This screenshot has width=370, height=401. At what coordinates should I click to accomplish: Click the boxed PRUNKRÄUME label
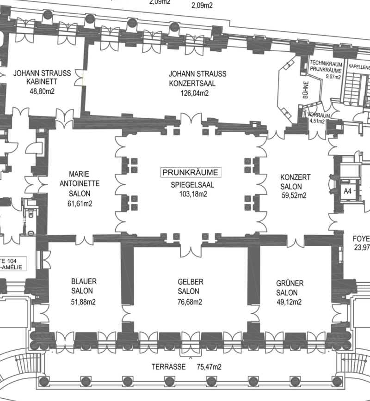[191, 173]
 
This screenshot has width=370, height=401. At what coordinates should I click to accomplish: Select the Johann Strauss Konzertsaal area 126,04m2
[194, 93]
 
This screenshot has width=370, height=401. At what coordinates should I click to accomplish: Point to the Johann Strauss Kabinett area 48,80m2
[42, 91]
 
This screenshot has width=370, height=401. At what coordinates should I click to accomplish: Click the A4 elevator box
[347, 190]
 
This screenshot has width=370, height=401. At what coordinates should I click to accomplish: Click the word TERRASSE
[168, 367]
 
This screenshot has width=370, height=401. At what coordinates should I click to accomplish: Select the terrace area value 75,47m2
[209, 367]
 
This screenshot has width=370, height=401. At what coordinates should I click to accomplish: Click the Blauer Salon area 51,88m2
[84, 302]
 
